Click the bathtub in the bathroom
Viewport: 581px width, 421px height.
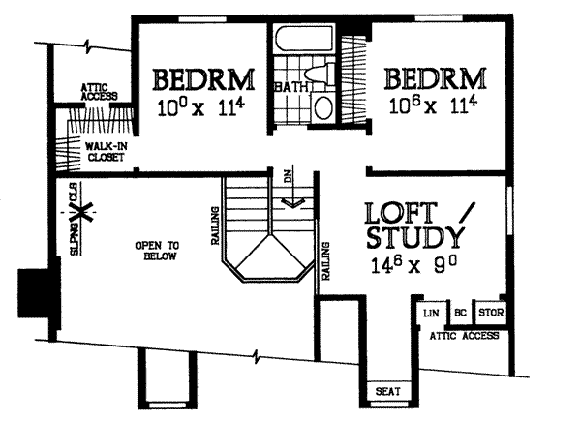(305, 40)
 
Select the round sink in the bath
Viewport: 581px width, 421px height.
(322, 107)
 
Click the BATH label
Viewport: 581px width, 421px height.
(291, 87)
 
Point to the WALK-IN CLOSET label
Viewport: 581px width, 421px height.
(106, 151)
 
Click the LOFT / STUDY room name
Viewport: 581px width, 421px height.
(415, 226)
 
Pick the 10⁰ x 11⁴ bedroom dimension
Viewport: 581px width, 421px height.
(201, 107)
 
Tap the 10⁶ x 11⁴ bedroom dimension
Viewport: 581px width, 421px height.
(433, 105)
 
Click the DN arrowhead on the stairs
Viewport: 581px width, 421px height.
(292, 202)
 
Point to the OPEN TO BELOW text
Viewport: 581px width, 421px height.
(157, 251)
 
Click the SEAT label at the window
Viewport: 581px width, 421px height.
(388, 391)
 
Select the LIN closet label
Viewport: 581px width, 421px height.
(431, 314)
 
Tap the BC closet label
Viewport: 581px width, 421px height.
(460, 313)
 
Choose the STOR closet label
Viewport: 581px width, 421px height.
(491, 313)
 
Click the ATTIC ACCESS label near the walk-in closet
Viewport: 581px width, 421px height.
(100, 92)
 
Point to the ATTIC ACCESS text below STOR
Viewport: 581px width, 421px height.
(464, 336)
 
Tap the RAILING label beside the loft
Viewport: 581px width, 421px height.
(325, 261)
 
